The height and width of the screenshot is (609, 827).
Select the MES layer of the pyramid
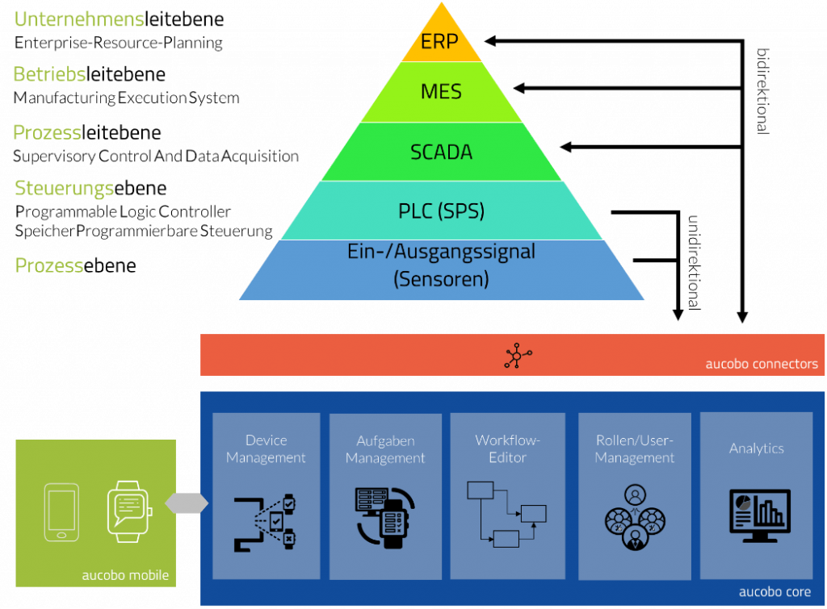tap(441, 92)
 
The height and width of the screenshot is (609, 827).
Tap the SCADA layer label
tap(441, 152)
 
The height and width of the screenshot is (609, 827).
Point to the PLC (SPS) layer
tap(441, 211)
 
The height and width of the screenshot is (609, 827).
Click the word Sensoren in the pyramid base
tap(440, 280)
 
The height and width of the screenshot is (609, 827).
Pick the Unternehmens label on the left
tap(79, 19)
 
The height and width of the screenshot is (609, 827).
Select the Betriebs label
tap(49, 74)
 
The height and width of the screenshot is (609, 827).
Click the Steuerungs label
tap(65, 189)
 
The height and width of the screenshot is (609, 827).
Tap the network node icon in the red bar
tap(518, 356)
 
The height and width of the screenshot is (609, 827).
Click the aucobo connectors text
tap(761, 364)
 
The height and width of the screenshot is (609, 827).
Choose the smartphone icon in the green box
tap(61, 511)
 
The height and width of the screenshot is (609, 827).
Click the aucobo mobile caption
tap(125, 575)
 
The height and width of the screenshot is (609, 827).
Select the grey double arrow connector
tap(187, 503)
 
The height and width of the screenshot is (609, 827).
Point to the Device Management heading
tap(266, 449)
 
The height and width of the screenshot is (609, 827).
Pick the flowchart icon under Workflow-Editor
tap(506, 514)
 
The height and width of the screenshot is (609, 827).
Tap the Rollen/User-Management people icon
tap(635, 518)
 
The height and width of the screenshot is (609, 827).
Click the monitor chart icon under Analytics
tap(757, 511)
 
